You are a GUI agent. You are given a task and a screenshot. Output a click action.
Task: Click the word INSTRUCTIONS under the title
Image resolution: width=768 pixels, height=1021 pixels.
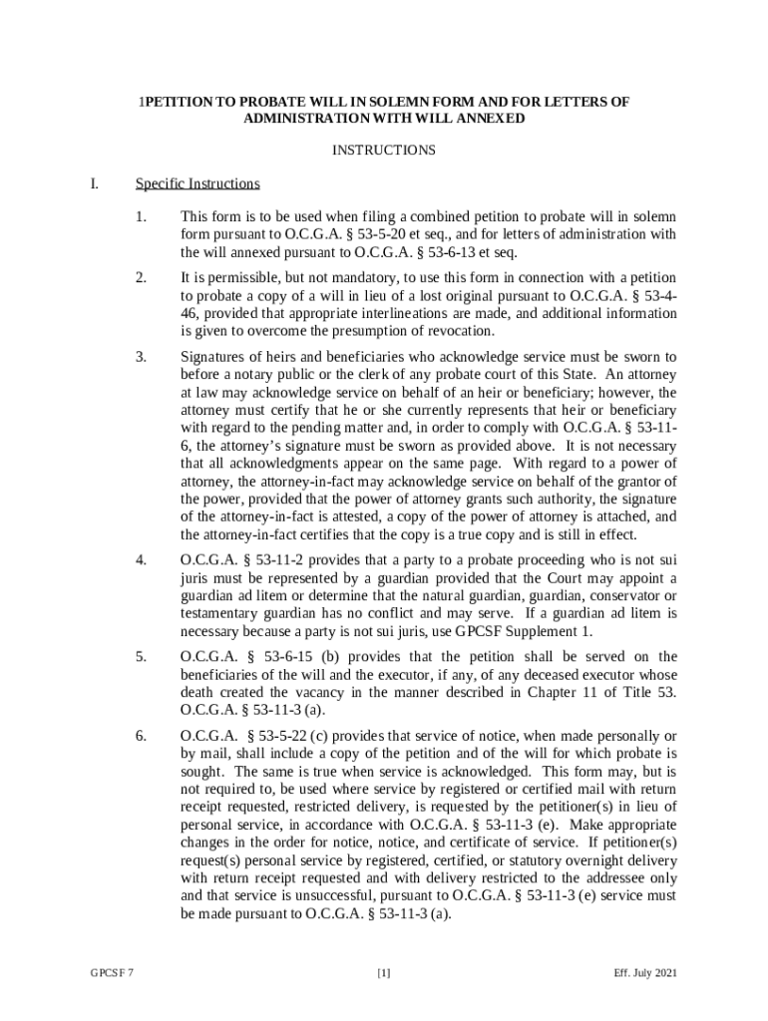click(383, 151)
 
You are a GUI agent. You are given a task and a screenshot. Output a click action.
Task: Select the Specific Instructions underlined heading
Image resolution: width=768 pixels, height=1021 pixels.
click(197, 183)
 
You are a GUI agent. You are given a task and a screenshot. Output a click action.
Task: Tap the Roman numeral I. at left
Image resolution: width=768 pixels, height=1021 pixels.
click(95, 183)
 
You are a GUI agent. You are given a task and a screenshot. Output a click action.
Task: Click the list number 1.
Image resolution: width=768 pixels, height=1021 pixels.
click(142, 216)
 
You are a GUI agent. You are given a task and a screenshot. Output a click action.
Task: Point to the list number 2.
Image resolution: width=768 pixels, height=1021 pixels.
click(142, 276)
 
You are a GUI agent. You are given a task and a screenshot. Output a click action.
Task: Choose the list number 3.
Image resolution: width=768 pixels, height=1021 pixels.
click(142, 356)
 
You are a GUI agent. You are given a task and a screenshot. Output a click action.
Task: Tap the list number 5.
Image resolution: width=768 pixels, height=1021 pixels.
click(142, 656)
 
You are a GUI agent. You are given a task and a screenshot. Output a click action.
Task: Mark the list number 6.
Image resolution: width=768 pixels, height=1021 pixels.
click(142, 736)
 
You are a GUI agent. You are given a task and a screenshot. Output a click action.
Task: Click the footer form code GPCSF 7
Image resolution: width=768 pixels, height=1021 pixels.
click(111, 973)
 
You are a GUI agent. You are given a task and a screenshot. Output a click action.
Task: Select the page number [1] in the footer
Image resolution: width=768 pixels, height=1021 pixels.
click(383, 973)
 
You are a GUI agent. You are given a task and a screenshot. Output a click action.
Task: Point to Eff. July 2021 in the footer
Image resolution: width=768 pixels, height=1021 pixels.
click(646, 973)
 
